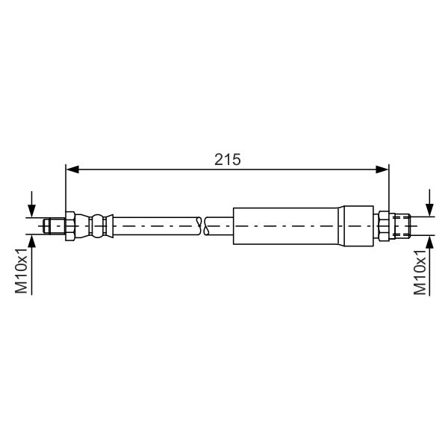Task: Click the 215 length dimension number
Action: coord(228,160)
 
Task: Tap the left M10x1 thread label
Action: coord(21,271)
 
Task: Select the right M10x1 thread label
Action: coord(420,273)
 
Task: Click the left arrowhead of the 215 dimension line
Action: coord(72,169)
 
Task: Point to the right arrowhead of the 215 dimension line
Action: coord(382,169)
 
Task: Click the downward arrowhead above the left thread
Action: coord(31,211)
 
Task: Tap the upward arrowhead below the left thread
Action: coord(31,241)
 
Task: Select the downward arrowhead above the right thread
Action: coord(429,210)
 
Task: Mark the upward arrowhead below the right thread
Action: coord(429,242)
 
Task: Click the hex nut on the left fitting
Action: coord(70,226)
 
